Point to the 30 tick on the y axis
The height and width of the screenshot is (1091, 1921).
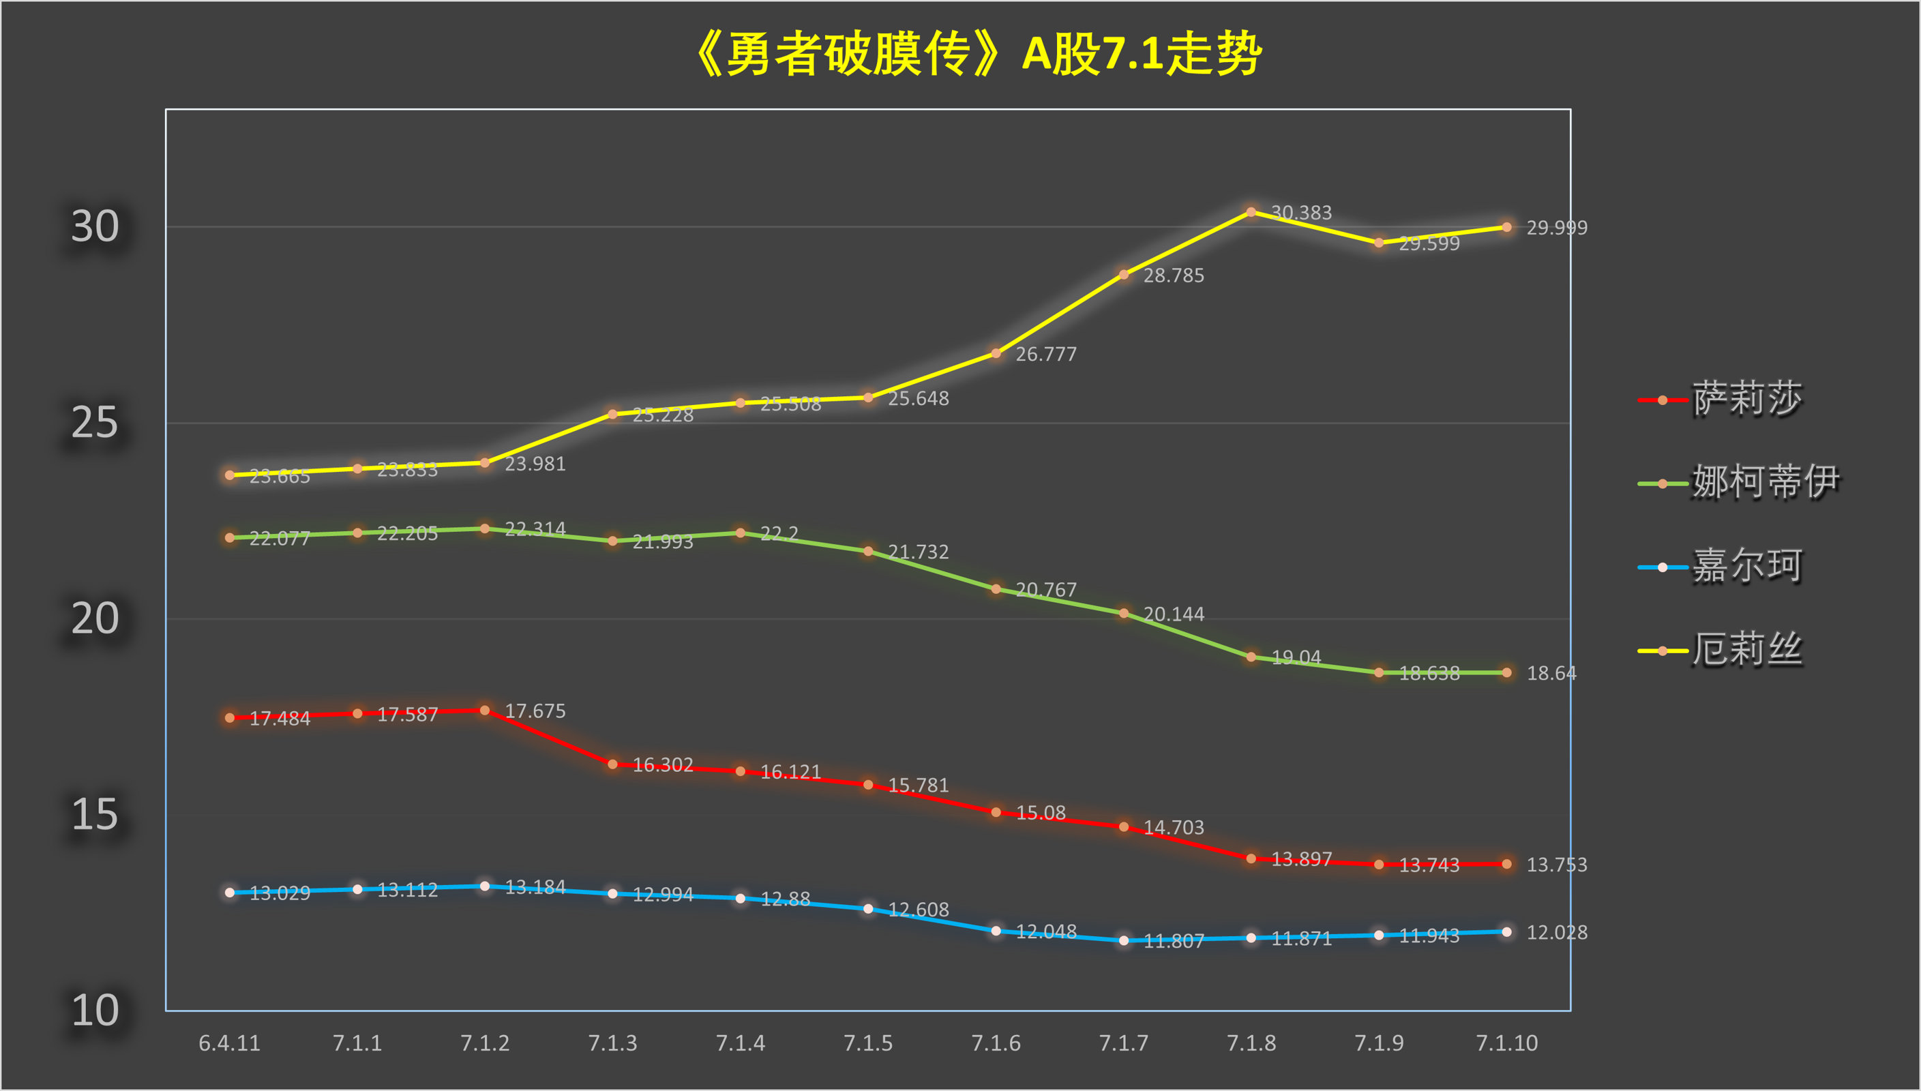click(95, 226)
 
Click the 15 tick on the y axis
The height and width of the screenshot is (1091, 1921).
click(95, 815)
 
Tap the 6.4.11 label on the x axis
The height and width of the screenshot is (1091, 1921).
click(229, 1043)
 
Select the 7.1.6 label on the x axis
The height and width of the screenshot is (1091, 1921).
click(996, 1043)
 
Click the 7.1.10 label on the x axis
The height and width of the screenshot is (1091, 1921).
click(1506, 1043)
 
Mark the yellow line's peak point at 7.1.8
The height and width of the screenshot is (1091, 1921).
click(1251, 212)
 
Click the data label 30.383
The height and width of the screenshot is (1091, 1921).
click(1301, 213)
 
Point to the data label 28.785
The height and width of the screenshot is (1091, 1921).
click(1174, 275)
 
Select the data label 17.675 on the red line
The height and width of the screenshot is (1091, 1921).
click(535, 711)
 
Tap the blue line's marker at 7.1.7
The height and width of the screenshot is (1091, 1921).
click(1124, 940)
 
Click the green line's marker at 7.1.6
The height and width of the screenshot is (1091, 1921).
click(996, 589)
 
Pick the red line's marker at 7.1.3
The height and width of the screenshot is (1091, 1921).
click(613, 764)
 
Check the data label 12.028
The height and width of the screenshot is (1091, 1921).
click(1557, 933)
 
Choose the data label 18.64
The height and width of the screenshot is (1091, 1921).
click(1551, 674)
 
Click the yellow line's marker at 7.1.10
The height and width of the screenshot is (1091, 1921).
click(1506, 227)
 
